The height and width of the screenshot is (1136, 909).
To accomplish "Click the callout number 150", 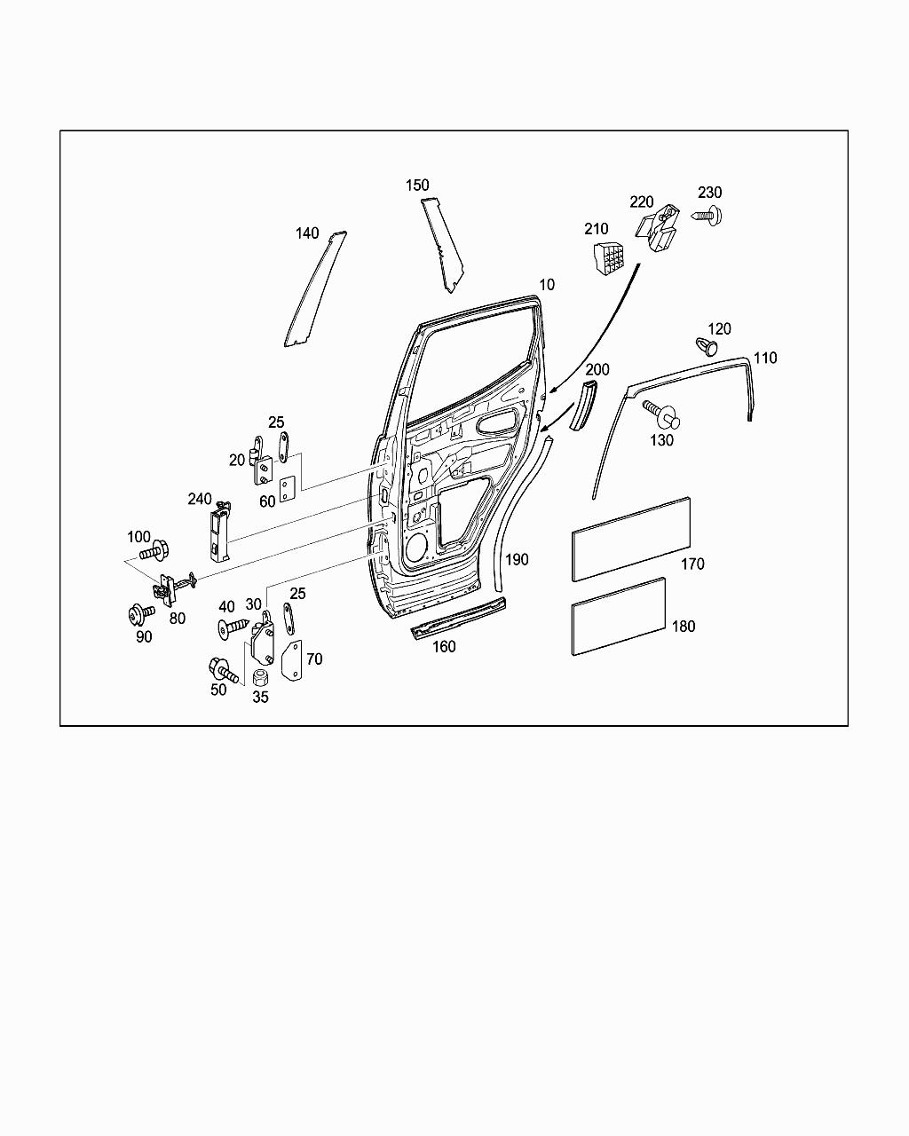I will click(417, 185).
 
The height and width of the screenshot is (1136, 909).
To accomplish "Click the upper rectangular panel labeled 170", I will click(631, 539).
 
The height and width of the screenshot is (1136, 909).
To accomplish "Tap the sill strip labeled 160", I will click(458, 618).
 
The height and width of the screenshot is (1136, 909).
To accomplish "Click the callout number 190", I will click(517, 559).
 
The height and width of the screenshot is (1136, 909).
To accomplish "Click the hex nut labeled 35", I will click(260, 678).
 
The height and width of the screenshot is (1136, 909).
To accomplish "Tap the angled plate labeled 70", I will click(291, 661).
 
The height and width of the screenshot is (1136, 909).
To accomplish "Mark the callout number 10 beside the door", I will click(547, 285).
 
